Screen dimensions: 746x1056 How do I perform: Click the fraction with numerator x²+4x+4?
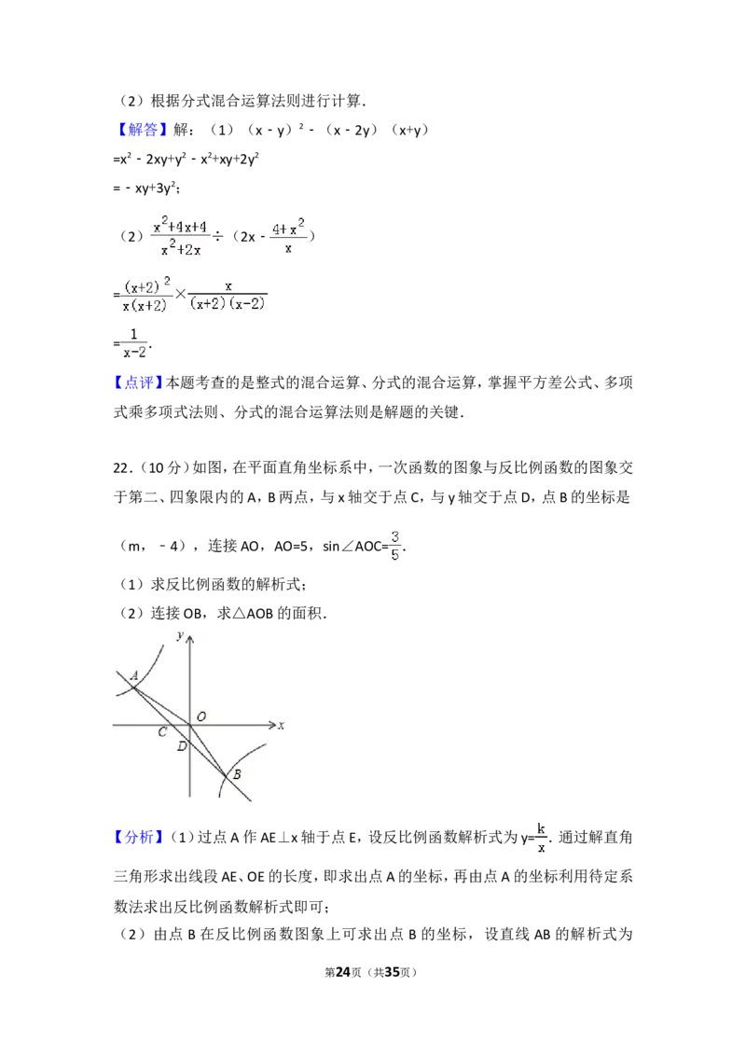(183, 235)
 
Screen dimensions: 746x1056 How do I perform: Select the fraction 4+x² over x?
(290, 235)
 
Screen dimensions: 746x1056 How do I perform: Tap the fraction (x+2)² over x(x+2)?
(148, 295)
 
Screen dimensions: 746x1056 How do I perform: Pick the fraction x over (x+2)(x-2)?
(228, 295)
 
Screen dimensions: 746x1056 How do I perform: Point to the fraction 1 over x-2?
(134, 343)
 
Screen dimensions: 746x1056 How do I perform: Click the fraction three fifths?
(395, 546)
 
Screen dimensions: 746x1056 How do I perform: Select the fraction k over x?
(541, 836)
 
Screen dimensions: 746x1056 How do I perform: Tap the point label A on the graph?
(134, 675)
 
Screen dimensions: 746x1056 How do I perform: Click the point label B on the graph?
(237, 774)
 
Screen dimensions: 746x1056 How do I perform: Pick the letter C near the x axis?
(161, 733)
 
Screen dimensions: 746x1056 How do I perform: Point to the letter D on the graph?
(181, 746)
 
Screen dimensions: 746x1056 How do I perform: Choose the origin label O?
(201, 716)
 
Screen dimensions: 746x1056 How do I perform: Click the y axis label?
(179, 634)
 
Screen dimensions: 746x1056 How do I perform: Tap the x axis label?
(280, 725)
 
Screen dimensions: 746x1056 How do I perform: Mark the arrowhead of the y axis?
(189, 636)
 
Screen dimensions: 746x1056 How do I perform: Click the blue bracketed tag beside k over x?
(138, 839)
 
